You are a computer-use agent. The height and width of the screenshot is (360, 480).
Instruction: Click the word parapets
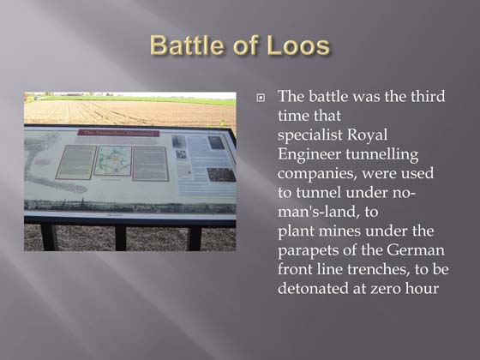[x=310, y=249]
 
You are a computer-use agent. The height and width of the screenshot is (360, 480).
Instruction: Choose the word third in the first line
[x=426, y=96]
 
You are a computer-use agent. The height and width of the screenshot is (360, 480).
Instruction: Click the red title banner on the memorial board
[x=118, y=133]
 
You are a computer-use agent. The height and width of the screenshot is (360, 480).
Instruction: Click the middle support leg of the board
[x=120, y=237]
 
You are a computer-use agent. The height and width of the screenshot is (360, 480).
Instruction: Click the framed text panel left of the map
[x=75, y=162]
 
